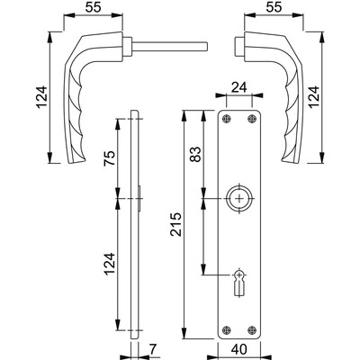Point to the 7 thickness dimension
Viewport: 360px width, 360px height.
[x=155, y=349]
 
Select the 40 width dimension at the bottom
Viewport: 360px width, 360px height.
[x=239, y=349]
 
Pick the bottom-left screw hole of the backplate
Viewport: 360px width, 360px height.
[x=227, y=328]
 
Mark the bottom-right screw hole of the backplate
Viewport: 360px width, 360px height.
[x=251, y=328]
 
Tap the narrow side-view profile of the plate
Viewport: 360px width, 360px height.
[x=135, y=225]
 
